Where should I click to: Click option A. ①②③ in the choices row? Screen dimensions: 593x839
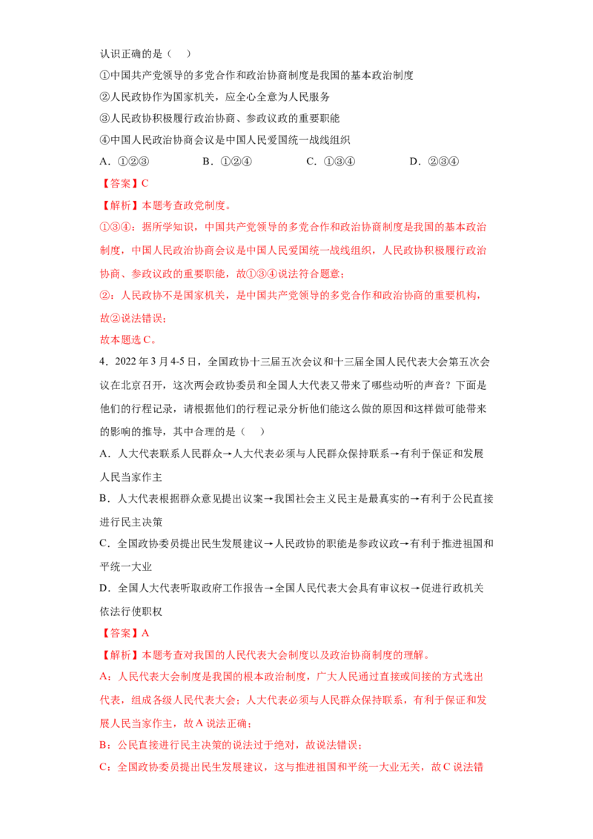click(125, 162)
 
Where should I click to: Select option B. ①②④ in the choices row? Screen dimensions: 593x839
click(227, 162)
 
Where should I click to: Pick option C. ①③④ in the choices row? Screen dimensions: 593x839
click(330, 162)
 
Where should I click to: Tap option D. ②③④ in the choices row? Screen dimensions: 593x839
click(434, 162)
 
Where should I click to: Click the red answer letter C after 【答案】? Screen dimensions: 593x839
click(145, 184)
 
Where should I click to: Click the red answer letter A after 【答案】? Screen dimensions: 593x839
click(145, 634)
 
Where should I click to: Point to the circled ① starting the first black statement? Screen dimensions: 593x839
click(105, 76)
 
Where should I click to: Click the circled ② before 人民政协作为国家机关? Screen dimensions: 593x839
click(105, 97)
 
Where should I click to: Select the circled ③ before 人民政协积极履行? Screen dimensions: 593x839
click(105, 119)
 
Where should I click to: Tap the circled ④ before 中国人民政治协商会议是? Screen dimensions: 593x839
click(105, 140)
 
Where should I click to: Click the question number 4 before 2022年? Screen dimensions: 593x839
click(102, 362)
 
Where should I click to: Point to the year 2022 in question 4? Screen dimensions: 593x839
click(125, 362)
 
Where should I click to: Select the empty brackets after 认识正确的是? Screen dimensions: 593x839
click(179, 53)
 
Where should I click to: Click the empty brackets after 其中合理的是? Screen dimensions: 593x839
click(252, 432)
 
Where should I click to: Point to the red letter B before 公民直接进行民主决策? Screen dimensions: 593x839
click(103, 746)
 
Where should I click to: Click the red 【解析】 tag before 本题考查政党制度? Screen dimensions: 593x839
click(120, 205)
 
